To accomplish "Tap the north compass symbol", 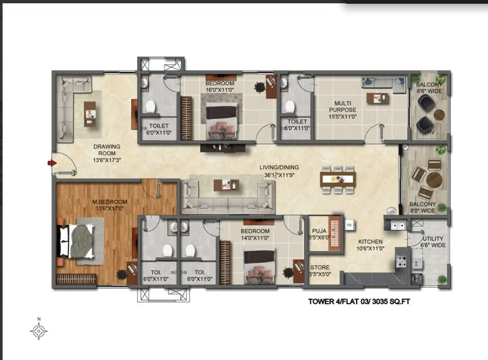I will (39, 331).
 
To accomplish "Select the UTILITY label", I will (433, 242).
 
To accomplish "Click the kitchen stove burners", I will (402, 261).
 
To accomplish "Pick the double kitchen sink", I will (395, 225).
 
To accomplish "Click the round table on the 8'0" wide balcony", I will (434, 180).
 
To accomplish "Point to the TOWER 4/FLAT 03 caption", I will (359, 301).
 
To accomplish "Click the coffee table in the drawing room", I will (90, 114).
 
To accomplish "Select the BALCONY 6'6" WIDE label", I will (429, 87).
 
